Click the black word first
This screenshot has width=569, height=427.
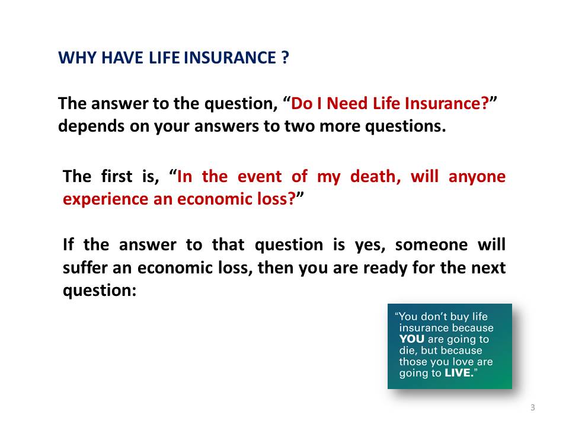(117, 177)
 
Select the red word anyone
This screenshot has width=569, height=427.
(477, 177)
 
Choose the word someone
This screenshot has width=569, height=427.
(431, 245)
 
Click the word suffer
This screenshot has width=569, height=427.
(85, 267)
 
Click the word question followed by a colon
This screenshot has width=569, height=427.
(100, 291)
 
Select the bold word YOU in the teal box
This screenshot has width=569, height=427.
(411, 339)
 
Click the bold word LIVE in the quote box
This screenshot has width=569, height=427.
(458, 373)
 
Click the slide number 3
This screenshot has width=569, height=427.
(532, 407)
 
